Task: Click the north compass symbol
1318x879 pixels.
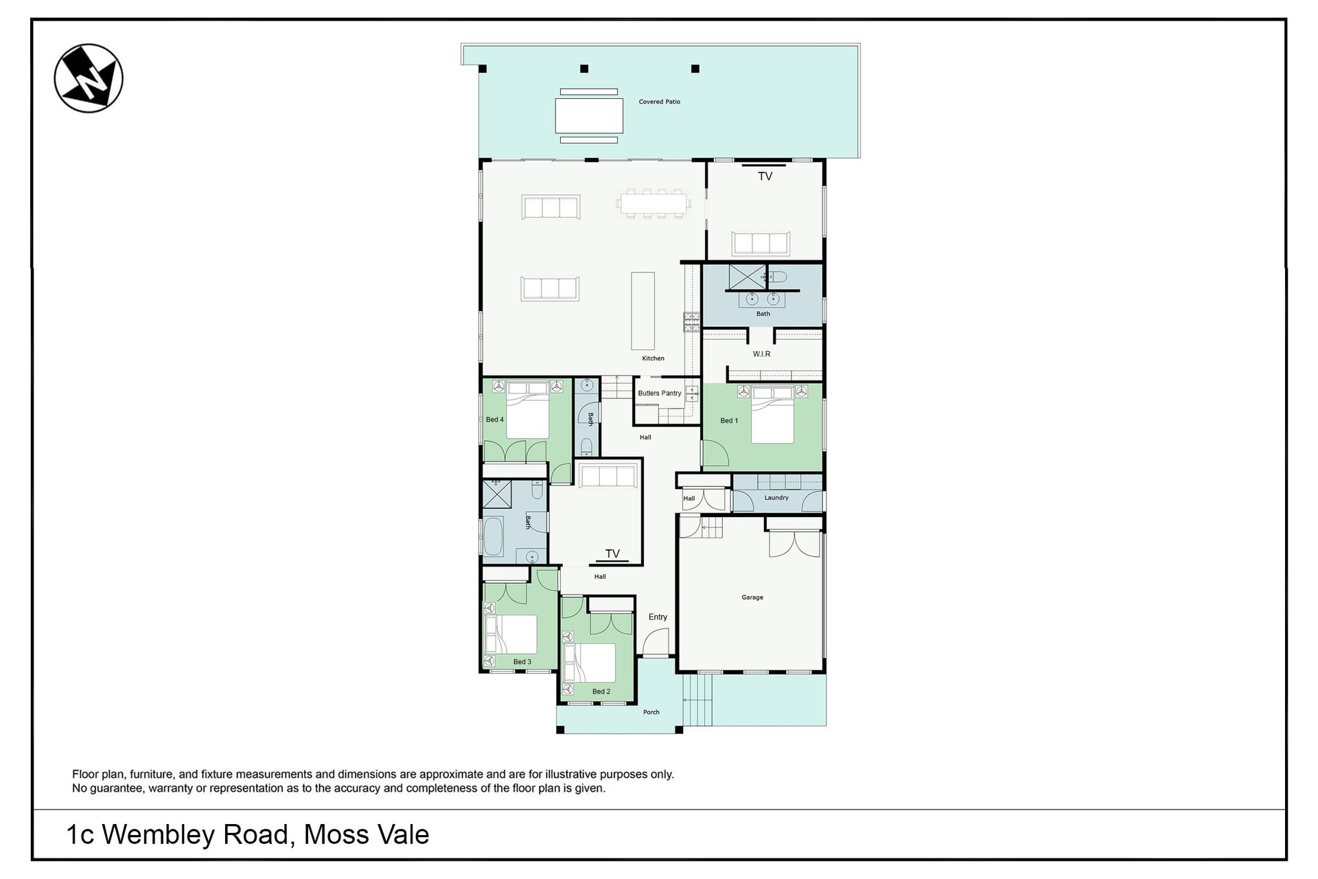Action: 89,78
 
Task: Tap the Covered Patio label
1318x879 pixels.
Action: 660,102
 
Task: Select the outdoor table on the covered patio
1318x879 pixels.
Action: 589,116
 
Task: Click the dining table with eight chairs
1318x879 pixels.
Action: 652,203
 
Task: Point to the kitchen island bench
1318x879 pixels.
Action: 643,311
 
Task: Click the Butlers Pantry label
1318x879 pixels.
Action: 660,393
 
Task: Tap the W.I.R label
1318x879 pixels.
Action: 761,354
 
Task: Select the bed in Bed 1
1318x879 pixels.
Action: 773,415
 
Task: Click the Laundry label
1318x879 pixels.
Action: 776,498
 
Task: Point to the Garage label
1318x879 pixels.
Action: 752,597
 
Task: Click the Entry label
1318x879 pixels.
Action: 658,617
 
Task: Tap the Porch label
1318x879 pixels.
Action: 651,712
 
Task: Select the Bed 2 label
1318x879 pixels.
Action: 601,692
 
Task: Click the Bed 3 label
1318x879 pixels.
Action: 522,662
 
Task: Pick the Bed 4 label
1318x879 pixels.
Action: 495,420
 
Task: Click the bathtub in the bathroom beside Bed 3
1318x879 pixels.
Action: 494,536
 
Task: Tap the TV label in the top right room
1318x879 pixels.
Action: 765,176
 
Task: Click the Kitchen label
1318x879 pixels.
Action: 654,358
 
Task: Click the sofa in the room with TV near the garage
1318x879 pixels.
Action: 608,475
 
